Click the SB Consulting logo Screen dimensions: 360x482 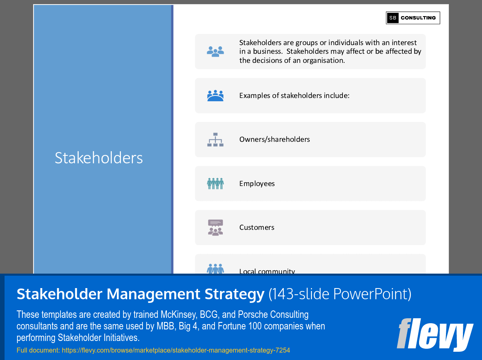pyautogui.click(x=413, y=18)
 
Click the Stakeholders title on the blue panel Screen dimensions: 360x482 pyautogui.click(x=99, y=158)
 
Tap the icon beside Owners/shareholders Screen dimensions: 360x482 pyautogui.click(x=215, y=140)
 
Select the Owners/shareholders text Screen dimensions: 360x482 pyautogui.click(x=275, y=140)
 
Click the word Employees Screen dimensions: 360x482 pyautogui.click(x=257, y=184)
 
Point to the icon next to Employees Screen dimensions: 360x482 pyautogui.click(x=215, y=184)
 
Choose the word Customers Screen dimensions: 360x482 pyautogui.click(x=257, y=227)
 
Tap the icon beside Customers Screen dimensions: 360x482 pyautogui.click(x=215, y=227)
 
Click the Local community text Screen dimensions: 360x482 pyautogui.click(x=267, y=271)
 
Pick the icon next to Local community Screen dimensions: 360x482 pyautogui.click(x=215, y=269)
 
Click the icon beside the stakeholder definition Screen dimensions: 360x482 pyautogui.click(x=215, y=51)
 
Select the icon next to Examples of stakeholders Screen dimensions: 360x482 pyautogui.click(x=215, y=95)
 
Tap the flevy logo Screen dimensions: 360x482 pyautogui.click(x=434, y=334)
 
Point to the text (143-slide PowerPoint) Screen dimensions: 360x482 pyautogui.click(x=340, y=294)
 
